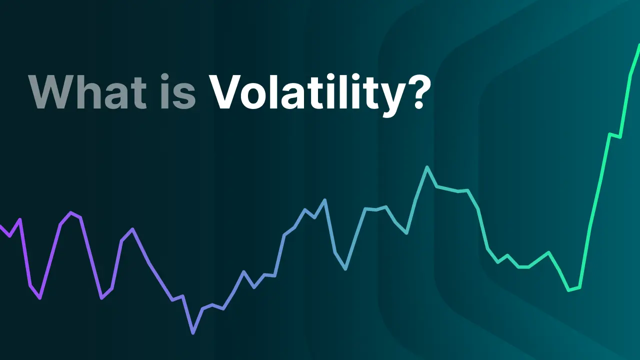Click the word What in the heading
(87, 91)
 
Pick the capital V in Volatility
(225, 91)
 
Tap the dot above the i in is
(165, 77)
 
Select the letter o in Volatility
(255, 96)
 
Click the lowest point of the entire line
(193, 333)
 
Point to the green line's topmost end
(639, 45)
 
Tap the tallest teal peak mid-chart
(427, 167)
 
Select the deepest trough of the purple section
(40, 298)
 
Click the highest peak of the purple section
(70, 212)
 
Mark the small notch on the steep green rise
(615, 135)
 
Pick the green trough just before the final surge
(568, 290)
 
